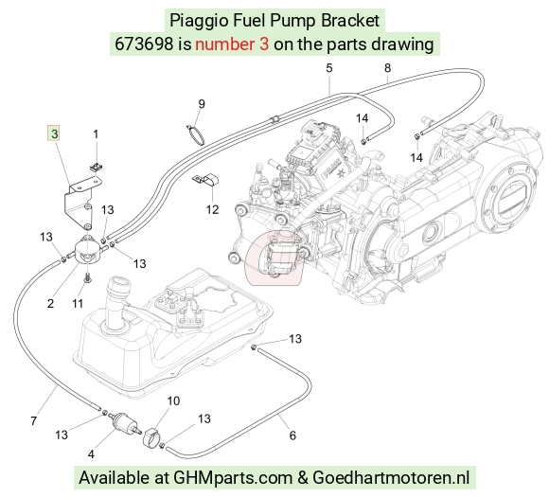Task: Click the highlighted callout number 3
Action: (x=54, y=133)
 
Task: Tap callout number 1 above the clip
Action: (x=96, y=134)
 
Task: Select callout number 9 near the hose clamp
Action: (x=202, y=104)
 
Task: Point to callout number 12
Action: (x=212, y=209)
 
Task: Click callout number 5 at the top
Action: (x=328, y=68)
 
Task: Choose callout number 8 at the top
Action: (x=387, y=68)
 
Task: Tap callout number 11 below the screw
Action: (x=78, y=303)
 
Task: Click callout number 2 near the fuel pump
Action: (x=50, y=304)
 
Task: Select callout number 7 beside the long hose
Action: (x=34, y=420)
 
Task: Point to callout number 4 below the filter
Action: (x=91, y=454)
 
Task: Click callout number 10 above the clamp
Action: (x=173, y=400)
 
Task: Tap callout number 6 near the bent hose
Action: (x=292, y=436)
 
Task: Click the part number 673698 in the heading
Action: (x=144, y=44)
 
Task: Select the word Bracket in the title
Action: (x=350, y=20)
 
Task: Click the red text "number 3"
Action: (x=232, y=44)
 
